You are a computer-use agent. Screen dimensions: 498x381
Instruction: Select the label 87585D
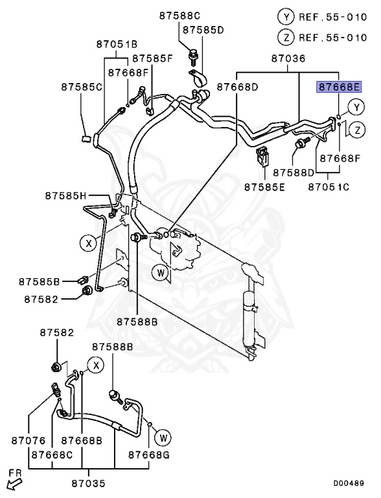coord(203,30)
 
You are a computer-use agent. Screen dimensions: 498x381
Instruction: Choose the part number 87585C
coord(82,86)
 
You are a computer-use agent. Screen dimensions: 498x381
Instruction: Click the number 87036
coord(288,59)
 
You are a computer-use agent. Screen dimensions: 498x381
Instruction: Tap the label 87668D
coord(237,86)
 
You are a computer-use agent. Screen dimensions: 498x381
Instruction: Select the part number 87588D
coord(294,173)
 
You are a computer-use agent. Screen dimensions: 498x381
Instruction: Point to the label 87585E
coord(264,187)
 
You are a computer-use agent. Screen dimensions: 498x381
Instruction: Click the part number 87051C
coord(328,187)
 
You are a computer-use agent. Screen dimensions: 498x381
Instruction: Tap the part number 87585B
coord(39,282)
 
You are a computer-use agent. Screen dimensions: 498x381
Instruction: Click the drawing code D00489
coord(350,483)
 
